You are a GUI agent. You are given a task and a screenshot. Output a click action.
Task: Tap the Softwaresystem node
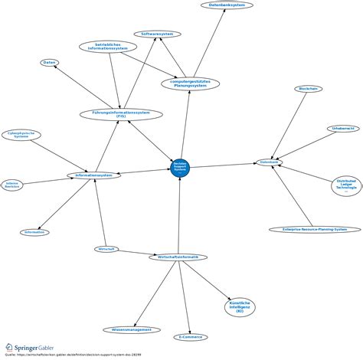157,34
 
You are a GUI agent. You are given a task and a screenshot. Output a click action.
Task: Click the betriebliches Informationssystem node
109,47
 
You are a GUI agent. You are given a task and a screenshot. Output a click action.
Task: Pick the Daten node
50,62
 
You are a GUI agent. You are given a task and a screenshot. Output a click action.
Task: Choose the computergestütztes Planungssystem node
191,83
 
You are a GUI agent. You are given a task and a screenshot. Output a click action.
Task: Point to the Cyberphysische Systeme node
21,135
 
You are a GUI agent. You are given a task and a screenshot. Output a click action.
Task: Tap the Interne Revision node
12,185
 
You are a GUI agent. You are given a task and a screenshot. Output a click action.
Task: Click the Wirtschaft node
106,249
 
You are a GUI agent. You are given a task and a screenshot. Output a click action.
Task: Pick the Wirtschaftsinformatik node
178,257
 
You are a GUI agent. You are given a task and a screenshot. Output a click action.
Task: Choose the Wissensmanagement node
132,329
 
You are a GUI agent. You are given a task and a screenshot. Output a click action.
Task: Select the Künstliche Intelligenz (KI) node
240,307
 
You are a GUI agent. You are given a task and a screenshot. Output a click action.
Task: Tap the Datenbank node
270,162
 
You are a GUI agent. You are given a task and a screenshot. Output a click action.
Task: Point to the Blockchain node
308,89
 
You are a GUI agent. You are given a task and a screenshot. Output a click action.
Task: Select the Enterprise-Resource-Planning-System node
315,229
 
